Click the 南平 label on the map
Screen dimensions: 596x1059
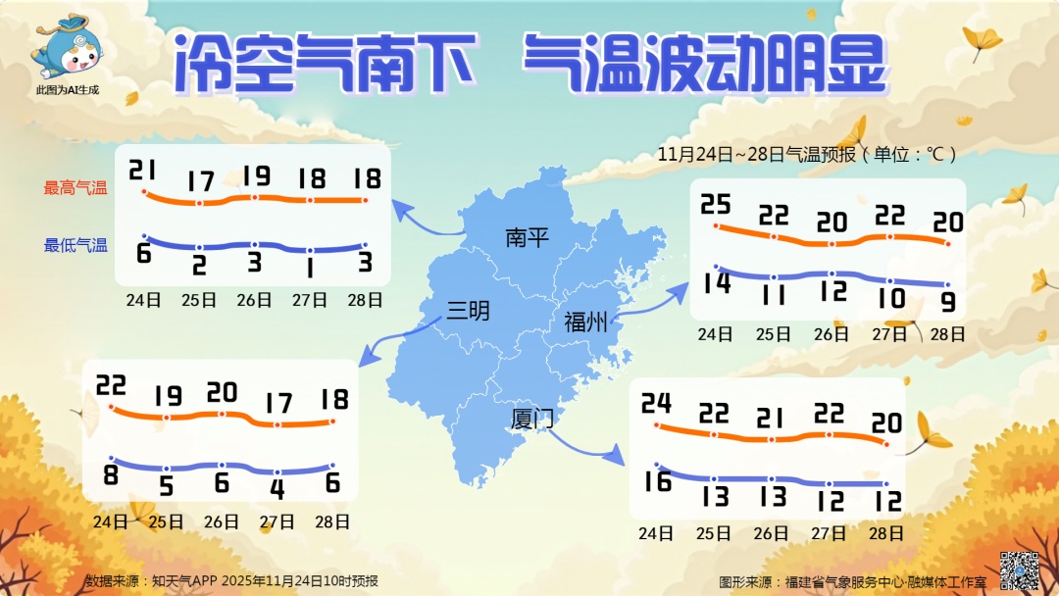528,237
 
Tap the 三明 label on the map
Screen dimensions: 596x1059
468,311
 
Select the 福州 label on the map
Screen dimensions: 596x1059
586,322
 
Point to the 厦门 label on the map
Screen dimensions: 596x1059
532,420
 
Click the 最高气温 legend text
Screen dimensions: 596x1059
76,187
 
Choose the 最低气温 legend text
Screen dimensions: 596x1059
76,245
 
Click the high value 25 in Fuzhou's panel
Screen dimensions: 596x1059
716,205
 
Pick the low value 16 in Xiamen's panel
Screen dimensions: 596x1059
656,482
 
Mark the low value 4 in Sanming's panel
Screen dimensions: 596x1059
277,488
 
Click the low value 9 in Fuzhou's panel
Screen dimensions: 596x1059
948,301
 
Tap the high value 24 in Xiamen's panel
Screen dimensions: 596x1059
656,403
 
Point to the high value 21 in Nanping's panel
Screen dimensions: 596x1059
143,172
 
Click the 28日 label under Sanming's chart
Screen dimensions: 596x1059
333,521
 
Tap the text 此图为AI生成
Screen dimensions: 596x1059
68,90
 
